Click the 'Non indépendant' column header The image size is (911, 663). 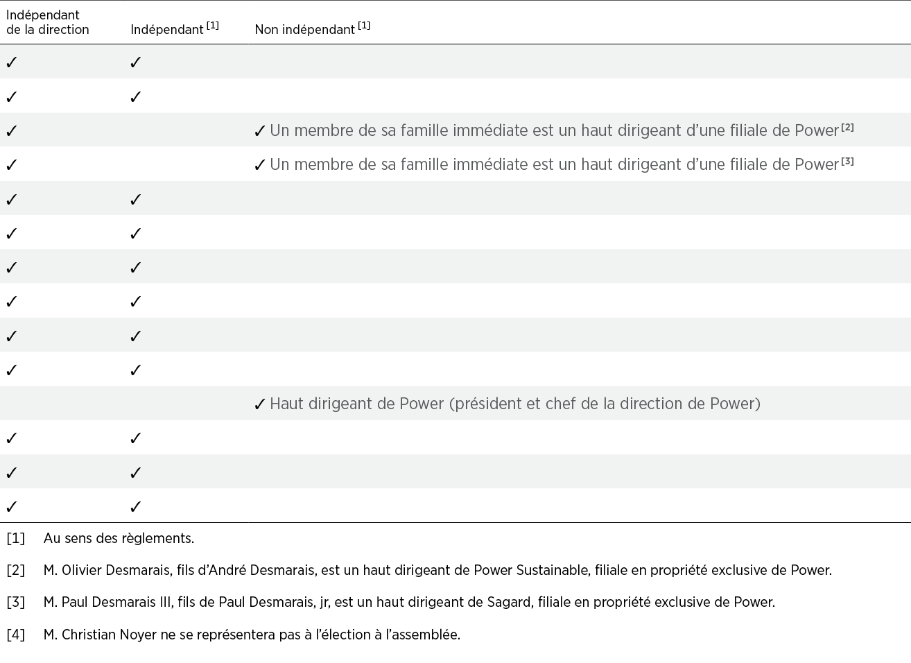[x=304, y=30]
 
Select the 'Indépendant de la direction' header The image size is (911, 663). [x=47, y=22]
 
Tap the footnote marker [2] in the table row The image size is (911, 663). [x=847, y=128]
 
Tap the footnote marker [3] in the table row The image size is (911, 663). [x=847, y=162]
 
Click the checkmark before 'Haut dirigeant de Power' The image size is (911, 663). [x=260, y=405]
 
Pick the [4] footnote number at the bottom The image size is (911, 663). [x=15, y=635]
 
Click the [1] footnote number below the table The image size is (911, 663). [x=15, y=538]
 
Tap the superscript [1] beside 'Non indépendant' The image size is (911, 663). [x=364, y=26]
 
